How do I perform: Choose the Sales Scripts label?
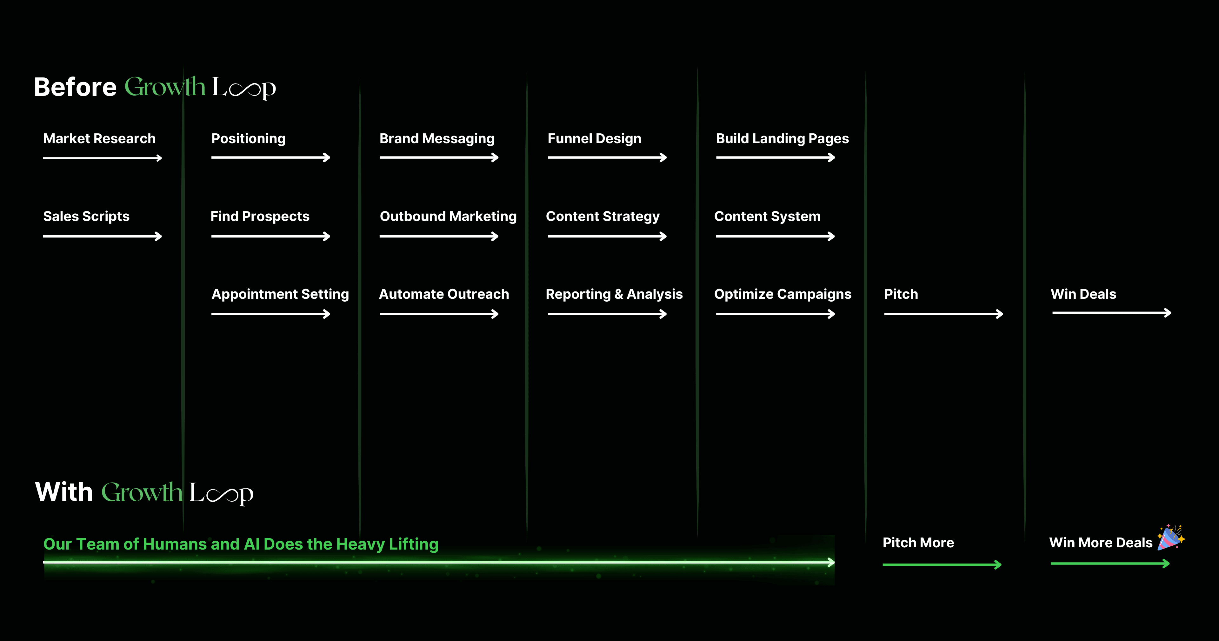coord(86,216)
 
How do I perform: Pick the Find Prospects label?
coord(260,216)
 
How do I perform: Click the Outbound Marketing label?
coord(448,216)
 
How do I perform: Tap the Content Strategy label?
coord(603,216)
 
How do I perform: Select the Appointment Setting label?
coord(280,294)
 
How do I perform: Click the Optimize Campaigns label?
coord(783,294)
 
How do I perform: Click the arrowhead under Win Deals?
coord(1168,313)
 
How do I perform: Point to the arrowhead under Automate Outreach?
coord(495,314)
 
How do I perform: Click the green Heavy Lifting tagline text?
coord(241,544)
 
